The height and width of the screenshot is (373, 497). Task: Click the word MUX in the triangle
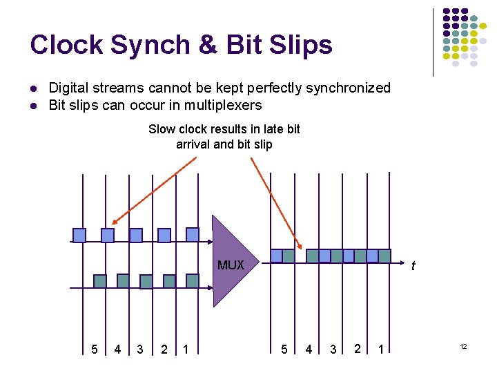point(231,265)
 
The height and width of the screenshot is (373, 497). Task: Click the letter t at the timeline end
point(413,266)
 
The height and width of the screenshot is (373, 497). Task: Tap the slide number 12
point(463,346)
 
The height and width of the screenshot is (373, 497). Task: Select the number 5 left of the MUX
point(95,350)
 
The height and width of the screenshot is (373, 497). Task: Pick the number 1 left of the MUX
point(186,350)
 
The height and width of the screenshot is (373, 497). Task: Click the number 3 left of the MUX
point(140,350)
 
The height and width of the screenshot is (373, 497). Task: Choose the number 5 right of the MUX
point(284,350)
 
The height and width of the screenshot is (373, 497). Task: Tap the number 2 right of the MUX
point(357,349)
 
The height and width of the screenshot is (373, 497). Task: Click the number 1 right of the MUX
point(380,350)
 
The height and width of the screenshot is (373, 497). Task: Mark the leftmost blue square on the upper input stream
point(79,235)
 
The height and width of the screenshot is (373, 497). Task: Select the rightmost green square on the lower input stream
point(193,280)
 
